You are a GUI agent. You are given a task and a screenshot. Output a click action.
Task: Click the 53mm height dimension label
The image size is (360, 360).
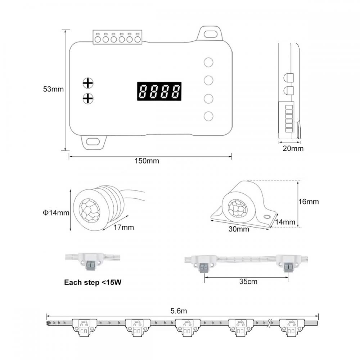coord(53,89)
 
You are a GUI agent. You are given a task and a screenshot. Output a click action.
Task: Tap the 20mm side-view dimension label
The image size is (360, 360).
coord(293,148)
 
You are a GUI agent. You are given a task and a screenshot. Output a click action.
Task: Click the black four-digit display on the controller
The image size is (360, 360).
coord(159,91)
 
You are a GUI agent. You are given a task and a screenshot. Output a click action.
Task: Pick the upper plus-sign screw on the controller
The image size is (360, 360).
coord(87,83)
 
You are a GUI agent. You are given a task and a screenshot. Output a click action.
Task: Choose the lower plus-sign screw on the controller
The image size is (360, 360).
coord(87,98)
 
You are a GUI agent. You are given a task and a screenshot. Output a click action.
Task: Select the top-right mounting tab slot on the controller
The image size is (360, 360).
coord(210,34)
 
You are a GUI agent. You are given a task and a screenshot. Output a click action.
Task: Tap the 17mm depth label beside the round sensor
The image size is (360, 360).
coord(123,227)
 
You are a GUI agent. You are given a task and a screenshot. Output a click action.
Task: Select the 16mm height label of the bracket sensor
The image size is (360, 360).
coord(309,202)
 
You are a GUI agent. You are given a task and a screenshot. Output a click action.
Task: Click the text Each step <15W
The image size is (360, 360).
coord(93,283)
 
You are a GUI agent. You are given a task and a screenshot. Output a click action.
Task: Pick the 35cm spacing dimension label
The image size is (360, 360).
coord(248,282)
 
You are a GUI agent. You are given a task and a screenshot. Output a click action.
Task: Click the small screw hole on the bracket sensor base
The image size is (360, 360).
coord(267,217)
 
